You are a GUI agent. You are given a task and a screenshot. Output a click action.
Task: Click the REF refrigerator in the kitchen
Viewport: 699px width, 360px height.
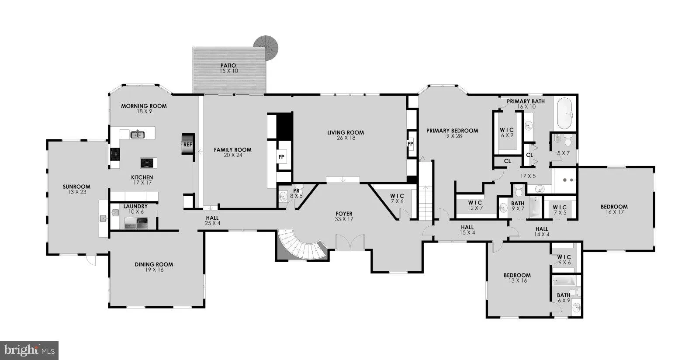pos(187,144)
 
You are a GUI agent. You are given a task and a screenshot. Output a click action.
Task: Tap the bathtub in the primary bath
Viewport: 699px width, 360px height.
pos(565,113)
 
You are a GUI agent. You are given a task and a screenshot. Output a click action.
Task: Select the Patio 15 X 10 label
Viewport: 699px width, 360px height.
pos(229,68)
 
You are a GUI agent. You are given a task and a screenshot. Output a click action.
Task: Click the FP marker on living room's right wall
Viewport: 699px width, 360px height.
pos(410,144)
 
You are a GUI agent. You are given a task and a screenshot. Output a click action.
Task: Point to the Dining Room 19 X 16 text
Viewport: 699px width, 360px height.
pos(154,267)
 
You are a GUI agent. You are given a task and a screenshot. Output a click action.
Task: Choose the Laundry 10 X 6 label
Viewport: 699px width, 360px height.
pos(135,209)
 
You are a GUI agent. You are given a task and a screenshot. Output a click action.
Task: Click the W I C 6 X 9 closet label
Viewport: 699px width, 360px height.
pos(507,133)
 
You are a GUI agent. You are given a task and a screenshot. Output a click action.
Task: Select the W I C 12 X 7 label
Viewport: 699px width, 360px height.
pos(475,205)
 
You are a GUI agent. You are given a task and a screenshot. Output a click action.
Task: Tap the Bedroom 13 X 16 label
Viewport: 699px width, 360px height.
pos(517,278)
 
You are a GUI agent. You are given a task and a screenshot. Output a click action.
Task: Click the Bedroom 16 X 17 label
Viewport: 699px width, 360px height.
pos(614,209)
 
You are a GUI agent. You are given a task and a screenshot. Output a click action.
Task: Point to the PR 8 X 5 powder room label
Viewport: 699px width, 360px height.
pos(298,194)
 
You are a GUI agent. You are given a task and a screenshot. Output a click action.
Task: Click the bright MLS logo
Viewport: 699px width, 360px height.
pos(29,350)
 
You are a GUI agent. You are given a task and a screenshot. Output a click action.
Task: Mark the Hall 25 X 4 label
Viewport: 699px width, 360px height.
pos(212,220)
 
